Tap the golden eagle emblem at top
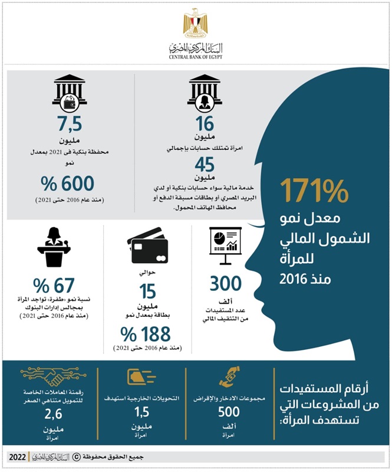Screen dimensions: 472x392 (196, 24)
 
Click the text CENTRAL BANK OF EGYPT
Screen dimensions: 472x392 (195, 57)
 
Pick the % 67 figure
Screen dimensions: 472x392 (52, 286)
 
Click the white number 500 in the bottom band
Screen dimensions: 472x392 (229, 412)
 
